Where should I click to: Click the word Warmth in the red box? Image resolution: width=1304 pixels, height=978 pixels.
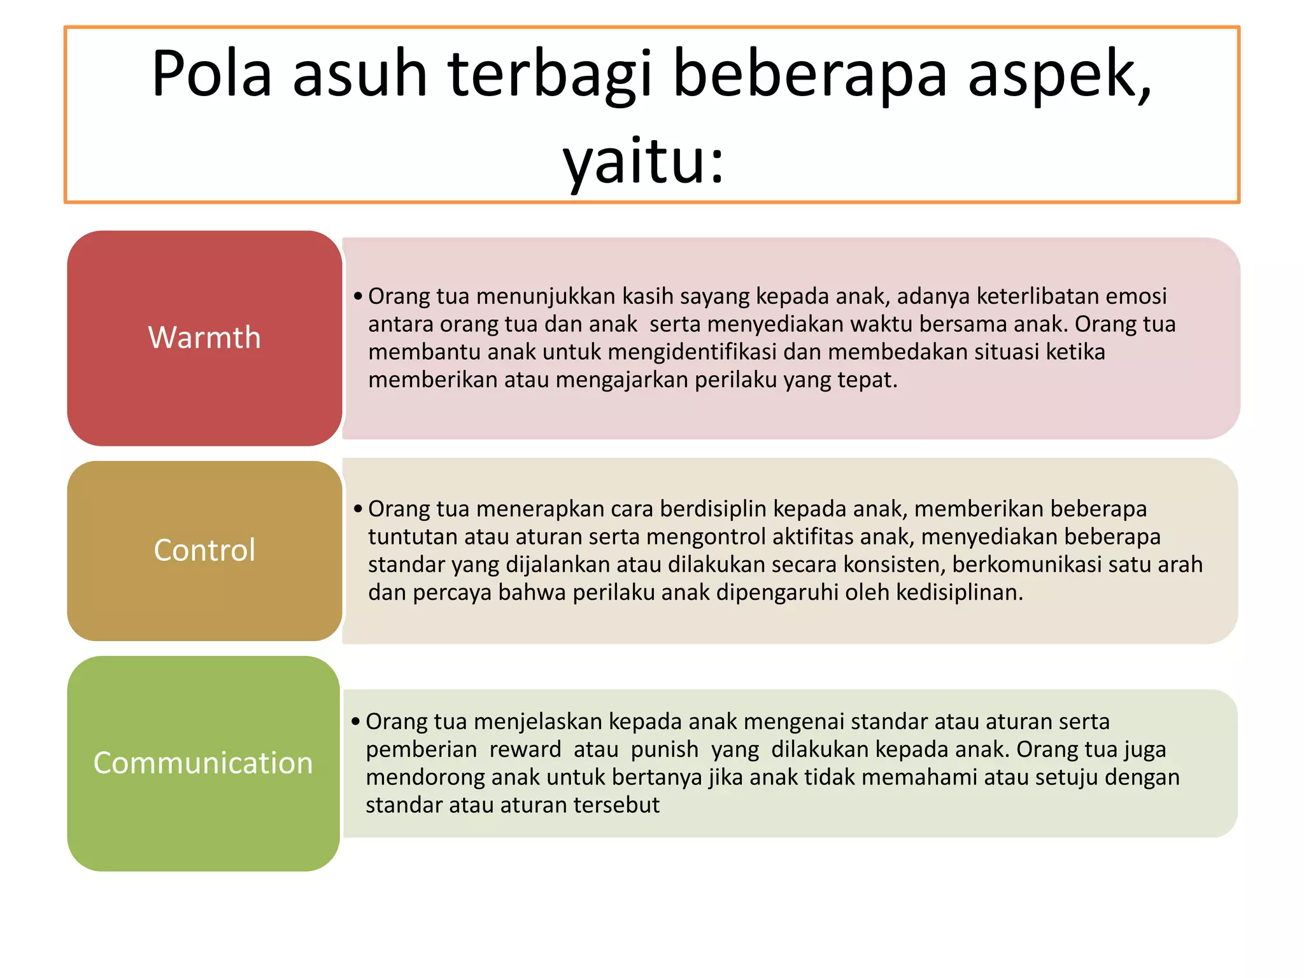(204, 337)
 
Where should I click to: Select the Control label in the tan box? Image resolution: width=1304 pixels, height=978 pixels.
(204, 550)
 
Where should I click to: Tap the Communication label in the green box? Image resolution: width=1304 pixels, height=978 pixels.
(203, 763)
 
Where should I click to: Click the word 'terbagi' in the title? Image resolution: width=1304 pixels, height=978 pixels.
(551, 75)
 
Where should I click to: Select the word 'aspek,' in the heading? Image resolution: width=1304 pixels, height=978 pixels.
(1059, 75)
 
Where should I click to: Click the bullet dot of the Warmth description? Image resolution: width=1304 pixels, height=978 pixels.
(358, 296)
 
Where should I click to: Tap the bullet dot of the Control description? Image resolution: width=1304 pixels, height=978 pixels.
(358, 509)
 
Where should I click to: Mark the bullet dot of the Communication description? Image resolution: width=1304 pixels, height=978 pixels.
(356, 721)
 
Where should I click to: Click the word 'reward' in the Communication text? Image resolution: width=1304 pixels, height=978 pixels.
(525, 749)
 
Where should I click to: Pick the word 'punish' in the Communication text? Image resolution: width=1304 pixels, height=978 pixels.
(664, 749)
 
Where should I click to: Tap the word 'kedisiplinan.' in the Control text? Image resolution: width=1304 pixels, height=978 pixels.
(960, 593)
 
